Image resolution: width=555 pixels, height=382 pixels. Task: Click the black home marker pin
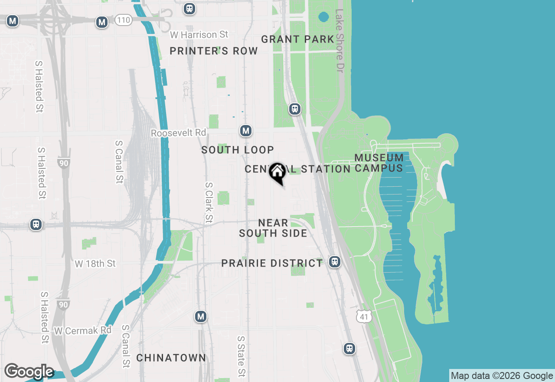pos(277,172)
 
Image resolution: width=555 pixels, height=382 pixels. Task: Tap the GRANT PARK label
pos(297,40)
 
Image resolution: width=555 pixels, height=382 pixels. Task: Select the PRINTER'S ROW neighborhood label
pos(214,51)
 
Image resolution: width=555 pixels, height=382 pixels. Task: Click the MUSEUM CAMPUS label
pos(379,163)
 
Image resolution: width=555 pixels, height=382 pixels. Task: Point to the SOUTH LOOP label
pos(238,150)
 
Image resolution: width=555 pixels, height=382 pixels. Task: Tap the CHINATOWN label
pos(171,358)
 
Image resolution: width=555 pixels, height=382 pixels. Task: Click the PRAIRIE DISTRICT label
pos(272,263)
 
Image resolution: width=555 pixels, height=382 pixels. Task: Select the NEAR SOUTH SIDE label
pos(273,228)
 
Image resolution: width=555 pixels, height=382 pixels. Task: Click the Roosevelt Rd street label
pos(178,133)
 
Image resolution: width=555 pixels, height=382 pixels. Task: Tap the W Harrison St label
pos(199,34)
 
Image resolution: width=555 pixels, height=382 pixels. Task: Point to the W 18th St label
pos(95,263)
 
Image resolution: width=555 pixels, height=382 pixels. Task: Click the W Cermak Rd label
pos(83,331)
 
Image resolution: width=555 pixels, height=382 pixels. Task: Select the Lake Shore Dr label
pos(339,41)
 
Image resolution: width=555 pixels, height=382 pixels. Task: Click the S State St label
pos(241,356)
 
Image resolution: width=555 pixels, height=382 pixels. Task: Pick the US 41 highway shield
pos(364,316)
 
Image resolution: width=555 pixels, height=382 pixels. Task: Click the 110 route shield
pos(123,20)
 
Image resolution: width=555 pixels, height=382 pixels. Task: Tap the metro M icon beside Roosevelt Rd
pos(246,131)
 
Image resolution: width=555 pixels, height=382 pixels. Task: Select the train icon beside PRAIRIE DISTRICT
pos(334,262)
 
